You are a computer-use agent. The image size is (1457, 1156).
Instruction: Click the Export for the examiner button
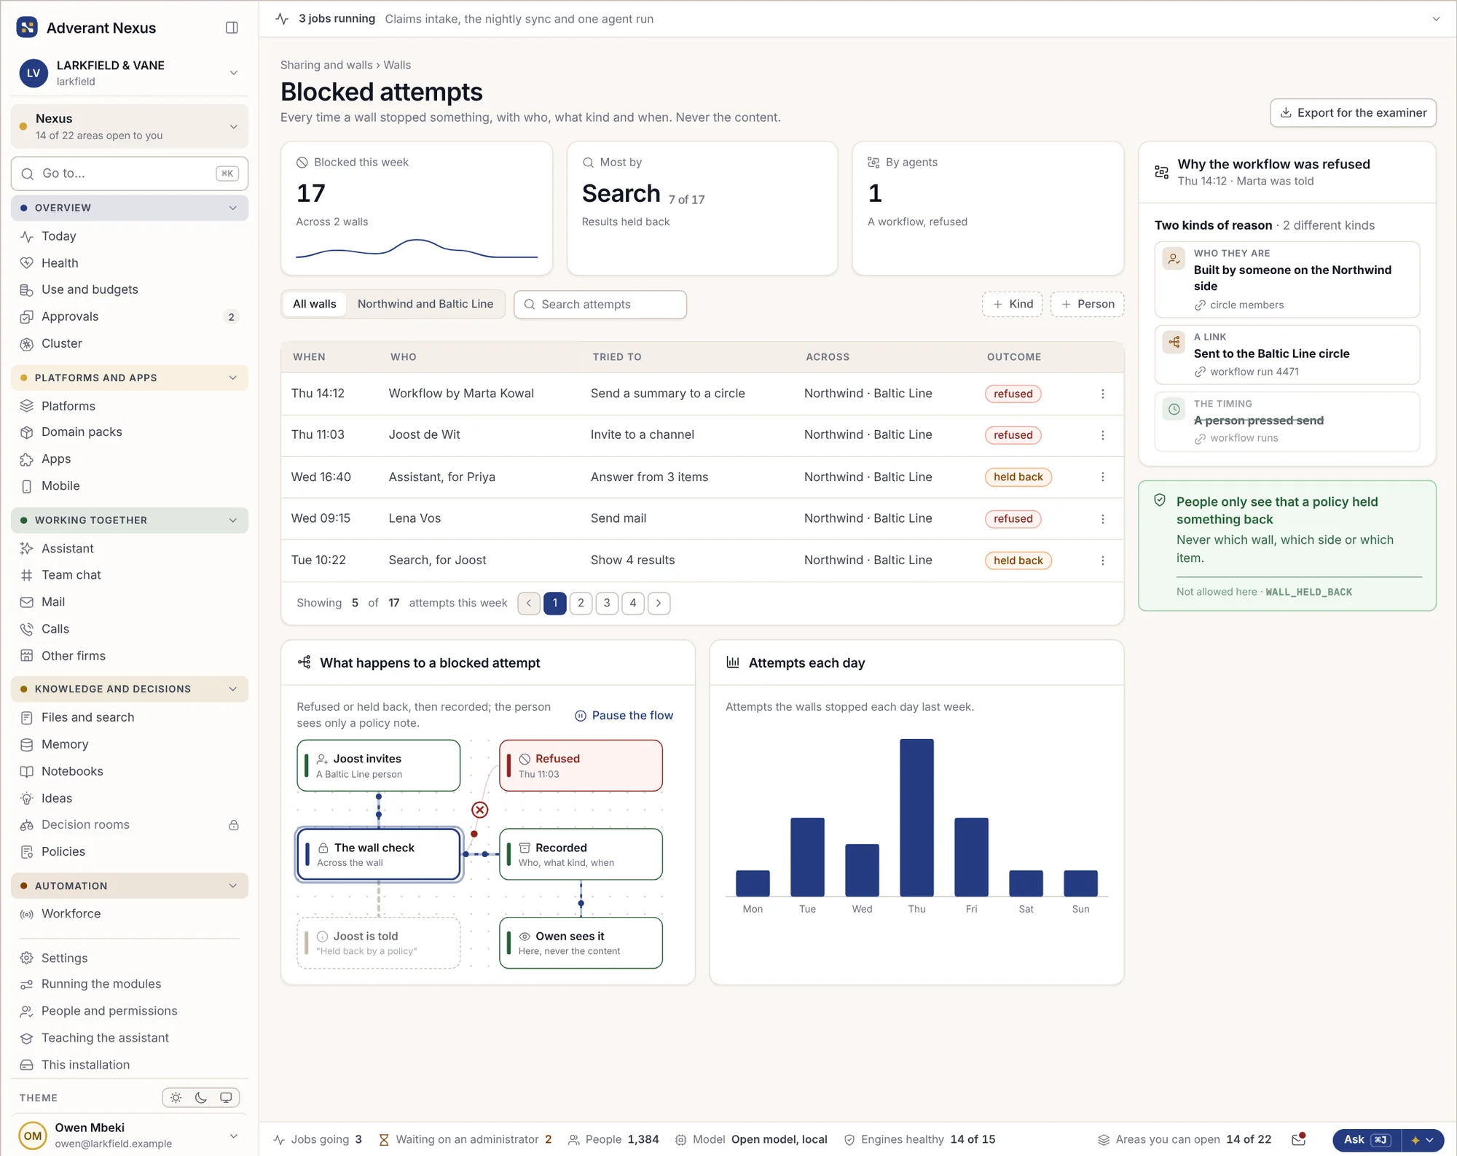pyautogui.click(x=1353, y=113)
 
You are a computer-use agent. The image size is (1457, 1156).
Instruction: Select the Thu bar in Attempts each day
pyautogui.click(x=916, y=817)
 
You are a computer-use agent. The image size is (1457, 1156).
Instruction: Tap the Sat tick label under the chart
pyautogui.click(x=1026, y=909)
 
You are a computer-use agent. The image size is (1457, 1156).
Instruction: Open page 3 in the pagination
pyautogui.click(x=607, y=603)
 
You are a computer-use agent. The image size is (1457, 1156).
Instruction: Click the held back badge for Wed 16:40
pyautogui.click(x=1018, y=477)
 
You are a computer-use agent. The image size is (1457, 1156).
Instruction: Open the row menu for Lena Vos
pyautogui.click(x=1103, y=518)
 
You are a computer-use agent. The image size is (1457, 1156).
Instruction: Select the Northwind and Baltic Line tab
pyautogui.click(x=425, y=304)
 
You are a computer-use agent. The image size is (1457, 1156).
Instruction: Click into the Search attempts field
pyautogui.click(x=600, y=305)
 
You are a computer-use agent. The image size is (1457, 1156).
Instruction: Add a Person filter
pyautogui.click(x=1088, y=304)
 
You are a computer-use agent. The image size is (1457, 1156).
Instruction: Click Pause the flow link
pyautogui.click(x=624, y=716)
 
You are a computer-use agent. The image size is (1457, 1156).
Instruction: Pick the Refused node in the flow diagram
pyautogui.click(x=581, y=765)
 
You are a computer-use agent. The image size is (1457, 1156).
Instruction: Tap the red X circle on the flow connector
pyautogui.click(x=479, y=810)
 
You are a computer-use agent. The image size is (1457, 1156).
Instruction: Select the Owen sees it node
pyautogui.click(x=581, y=942)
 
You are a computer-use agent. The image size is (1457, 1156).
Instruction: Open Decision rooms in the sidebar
pyautogui.click(x=85, y=824)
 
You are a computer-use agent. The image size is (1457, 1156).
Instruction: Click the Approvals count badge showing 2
pyautogui.click(x=231, y=317)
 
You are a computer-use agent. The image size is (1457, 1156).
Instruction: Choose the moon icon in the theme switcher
pyautogui.click(x=201, y=1098)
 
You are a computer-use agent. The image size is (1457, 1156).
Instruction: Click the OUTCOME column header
pyautogui.click(x=1014, y=357)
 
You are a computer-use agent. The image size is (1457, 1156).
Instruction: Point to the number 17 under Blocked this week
pyautogui.click(x=310, y=193)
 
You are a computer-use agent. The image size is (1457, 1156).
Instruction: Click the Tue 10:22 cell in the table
pyautogui.click(x=318, y=560)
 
